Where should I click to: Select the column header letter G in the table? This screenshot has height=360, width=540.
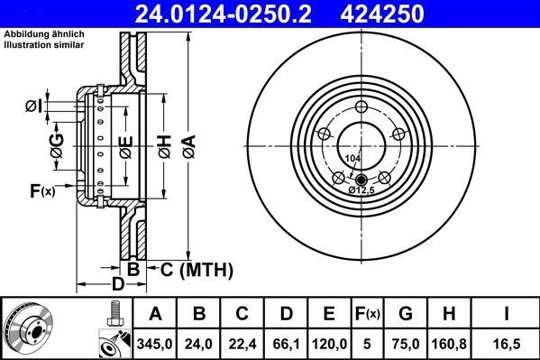(x=406, y=314)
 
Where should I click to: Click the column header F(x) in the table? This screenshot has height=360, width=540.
(x=368, y=314)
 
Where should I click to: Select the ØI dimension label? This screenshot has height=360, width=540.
(x=34, y=107)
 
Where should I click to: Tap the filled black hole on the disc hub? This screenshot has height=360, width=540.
(x=361, y=178)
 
